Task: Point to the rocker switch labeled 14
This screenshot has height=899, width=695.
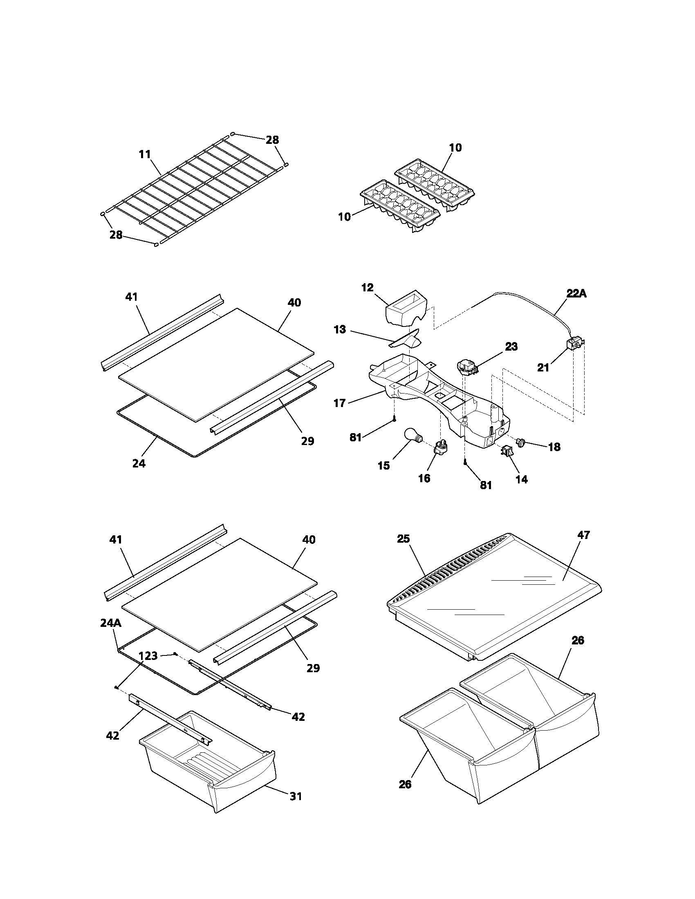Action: coord(506,452)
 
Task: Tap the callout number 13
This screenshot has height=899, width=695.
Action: coord(340,330)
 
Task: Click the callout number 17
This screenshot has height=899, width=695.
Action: coord(339,403)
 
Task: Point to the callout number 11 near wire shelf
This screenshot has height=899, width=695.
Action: coord(144,154)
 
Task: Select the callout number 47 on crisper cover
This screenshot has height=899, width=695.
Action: coord(583,535)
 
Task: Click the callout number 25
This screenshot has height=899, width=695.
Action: coord(404,539)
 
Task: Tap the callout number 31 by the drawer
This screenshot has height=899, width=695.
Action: coord(296,807)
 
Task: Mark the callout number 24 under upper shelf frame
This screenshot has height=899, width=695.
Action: coord(139,463)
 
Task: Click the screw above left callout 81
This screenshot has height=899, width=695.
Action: coord(395,419)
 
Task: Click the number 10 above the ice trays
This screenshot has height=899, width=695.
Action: coord(455,148)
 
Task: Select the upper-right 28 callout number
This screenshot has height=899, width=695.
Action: coord(272,140)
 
